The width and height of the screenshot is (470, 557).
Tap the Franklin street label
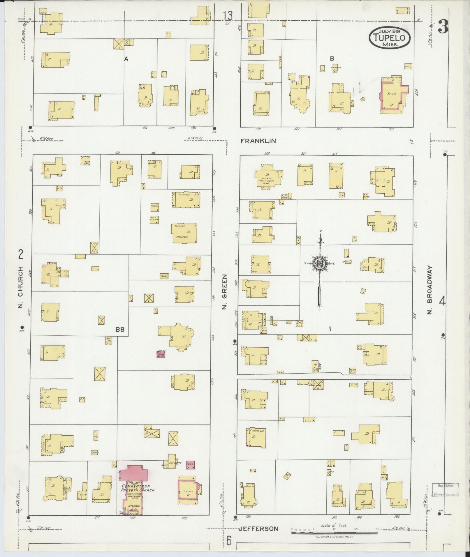(x=258, y=141)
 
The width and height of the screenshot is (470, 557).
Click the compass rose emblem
(x=320, y=264)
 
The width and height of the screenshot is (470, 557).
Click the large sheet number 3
(x=443, y=28)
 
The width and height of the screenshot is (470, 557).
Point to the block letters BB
(x=120, y=329)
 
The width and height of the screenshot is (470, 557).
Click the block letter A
(x=126, y=59)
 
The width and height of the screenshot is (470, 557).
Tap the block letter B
(x=332, y=59)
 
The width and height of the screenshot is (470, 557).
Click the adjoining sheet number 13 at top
(x=228, y=16)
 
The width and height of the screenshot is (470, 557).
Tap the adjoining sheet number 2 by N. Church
(x=21, y=255)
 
